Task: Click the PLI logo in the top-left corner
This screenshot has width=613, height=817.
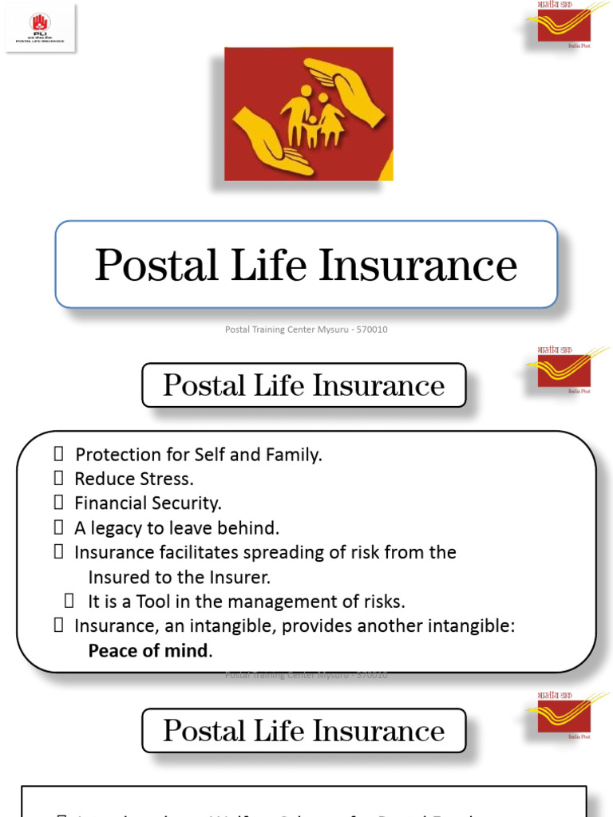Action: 40,27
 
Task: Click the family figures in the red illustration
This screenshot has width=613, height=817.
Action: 312,120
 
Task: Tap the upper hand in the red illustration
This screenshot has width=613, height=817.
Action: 346,88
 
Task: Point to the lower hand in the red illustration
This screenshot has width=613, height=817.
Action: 272,144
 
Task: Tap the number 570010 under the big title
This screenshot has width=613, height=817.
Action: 373,330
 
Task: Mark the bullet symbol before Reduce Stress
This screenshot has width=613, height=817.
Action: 58,479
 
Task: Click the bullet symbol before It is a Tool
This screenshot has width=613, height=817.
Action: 69,601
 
